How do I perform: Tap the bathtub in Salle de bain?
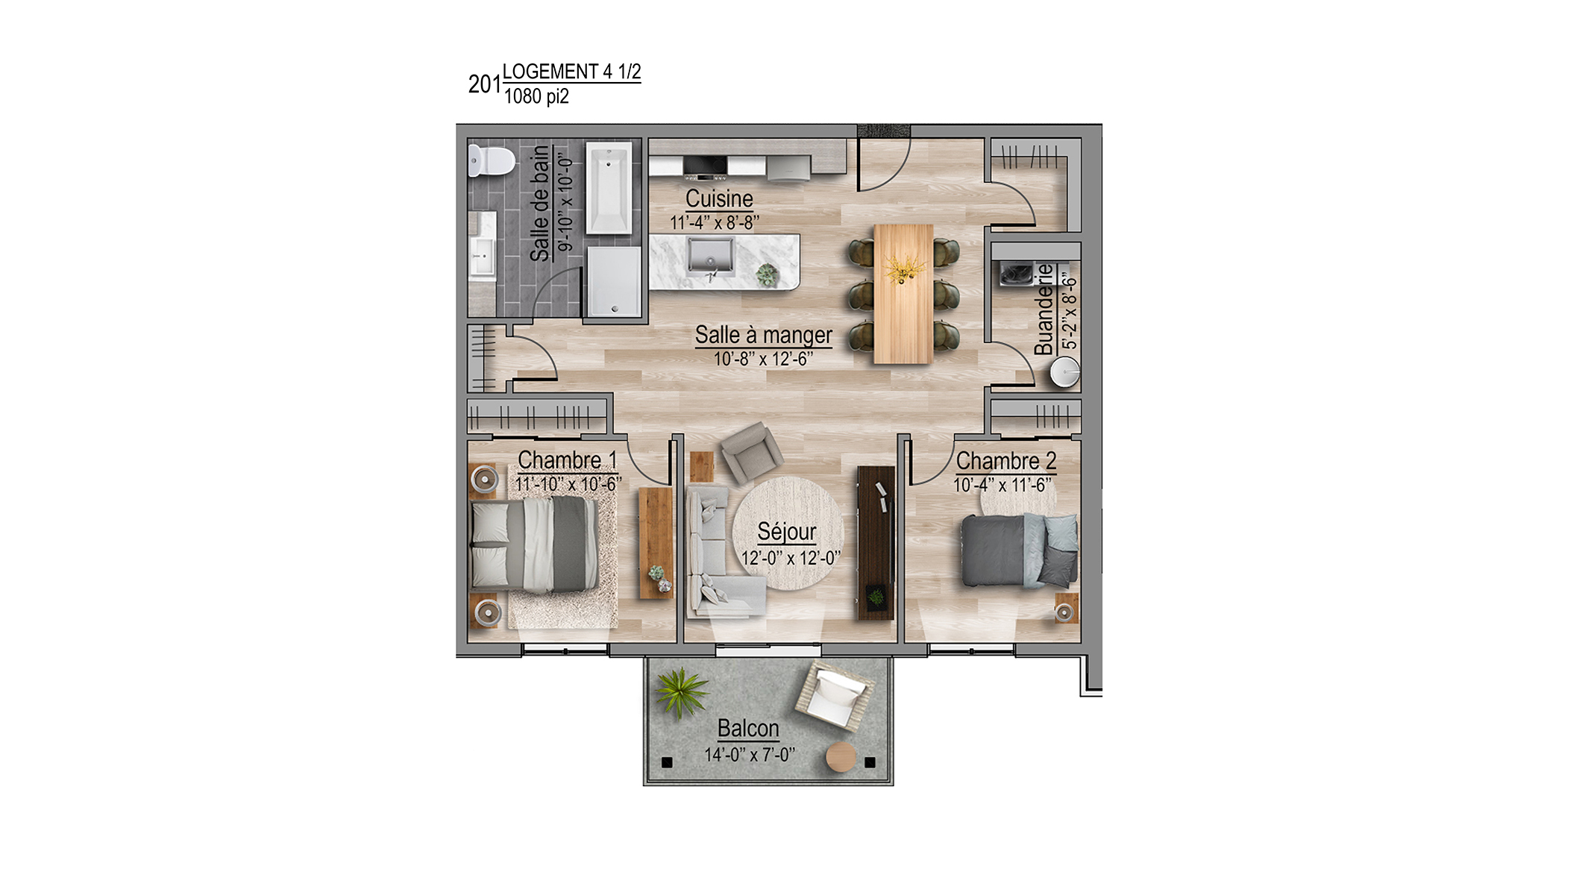point(609,189)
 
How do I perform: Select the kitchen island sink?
point(711,257)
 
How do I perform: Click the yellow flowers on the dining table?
point(903,269)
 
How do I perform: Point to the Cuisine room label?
point(719,199)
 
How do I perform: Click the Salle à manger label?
point(763,336)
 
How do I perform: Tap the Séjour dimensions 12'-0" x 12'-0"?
point(791,558)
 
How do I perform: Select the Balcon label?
point(748,728)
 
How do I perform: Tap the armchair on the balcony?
point(834,694)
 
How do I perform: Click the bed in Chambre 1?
point(535,544)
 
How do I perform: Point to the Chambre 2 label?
point(1006,461)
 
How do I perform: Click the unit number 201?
point(485,84)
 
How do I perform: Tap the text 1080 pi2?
point(536,96)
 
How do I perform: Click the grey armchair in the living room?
point(751,452)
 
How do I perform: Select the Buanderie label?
point(1044,310)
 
